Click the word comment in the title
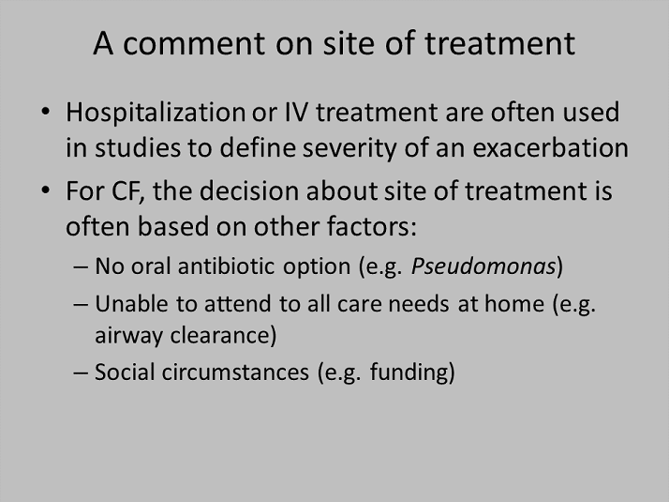tap(194, 43)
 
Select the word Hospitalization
tap(155, 114)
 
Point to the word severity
tap(349, 149)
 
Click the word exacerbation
tap(550, 148)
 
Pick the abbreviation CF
tap(127, 191)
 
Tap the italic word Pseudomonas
tap(483, 266)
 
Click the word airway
tap(128, 336)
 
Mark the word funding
tap(409, 373)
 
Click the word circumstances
tap(235, 372)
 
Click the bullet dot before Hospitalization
tap(45, 112)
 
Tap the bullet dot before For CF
tap(45, 190)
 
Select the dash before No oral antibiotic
tap(81, 267)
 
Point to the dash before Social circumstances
tap(81, 373)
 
